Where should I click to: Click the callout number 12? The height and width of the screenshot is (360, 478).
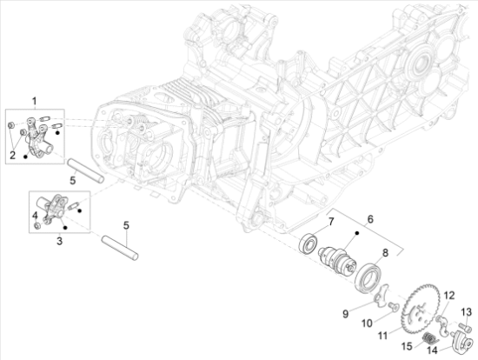[449, 297]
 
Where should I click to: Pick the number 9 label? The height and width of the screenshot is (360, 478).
[345, 313]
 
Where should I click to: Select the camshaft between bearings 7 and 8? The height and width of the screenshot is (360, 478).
[335, 262]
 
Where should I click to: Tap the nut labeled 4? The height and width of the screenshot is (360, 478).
[35, 226]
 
